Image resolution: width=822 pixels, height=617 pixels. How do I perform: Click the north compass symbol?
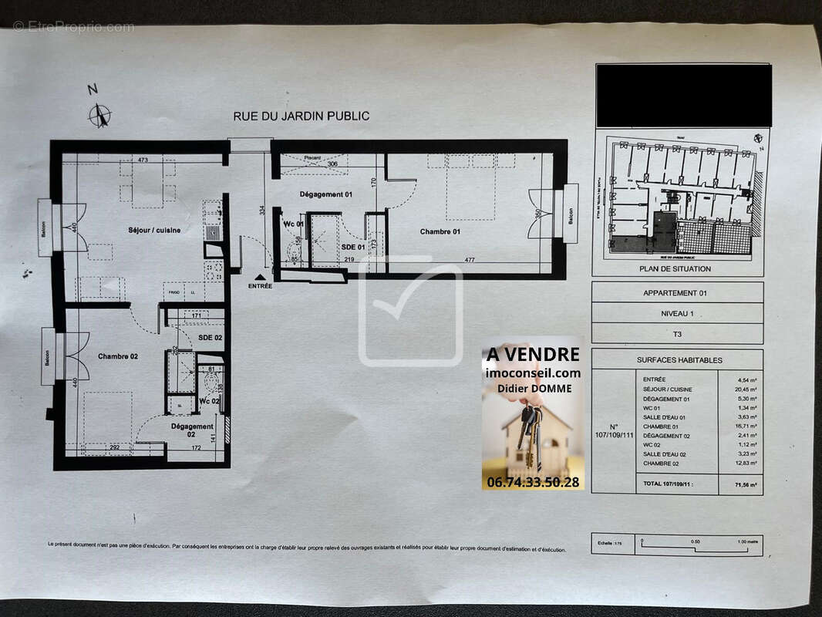(x=99, y=116)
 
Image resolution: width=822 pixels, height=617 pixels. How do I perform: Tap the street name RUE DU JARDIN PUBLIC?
(x=301, y=116)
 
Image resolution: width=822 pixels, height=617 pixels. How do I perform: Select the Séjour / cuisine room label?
(x=154, y=230)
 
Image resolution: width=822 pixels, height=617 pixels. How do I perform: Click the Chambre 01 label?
(x=440, y=231)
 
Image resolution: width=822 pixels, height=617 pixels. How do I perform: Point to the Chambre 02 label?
(x=118, y=356)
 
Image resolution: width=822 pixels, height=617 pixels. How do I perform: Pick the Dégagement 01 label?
(x=325, y=194)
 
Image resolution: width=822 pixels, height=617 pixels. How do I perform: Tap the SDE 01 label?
(x=352, y=247)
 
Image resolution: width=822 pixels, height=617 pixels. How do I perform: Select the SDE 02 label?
(x=210, y=338)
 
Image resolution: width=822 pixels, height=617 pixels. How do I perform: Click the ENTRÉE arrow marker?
(x=260, y=277)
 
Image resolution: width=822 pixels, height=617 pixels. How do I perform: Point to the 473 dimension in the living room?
(x=143, y=160)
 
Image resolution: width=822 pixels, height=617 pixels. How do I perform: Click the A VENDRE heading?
(x=532, y=354)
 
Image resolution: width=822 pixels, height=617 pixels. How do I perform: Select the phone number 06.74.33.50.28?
(x=532, y=481)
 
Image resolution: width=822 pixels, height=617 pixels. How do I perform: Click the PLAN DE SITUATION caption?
(x=675, y=268)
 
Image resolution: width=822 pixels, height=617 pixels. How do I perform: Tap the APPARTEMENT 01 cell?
(x=675, y=293)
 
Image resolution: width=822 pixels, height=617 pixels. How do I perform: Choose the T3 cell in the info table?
(x=675, y=333)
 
